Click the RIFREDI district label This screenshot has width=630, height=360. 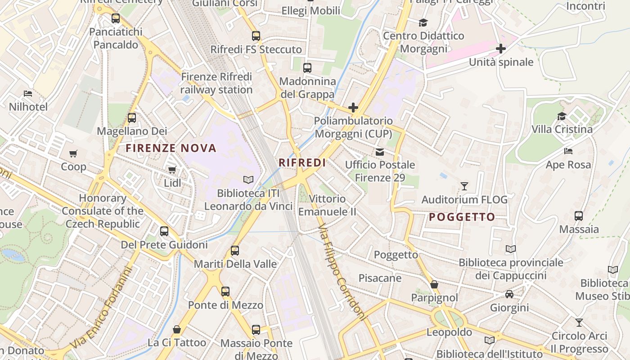[x=302, y=162]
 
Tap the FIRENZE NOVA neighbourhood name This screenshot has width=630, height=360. [x=171, y=148]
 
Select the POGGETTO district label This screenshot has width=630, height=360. [x=462, y=217]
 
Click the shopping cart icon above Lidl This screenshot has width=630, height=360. [x=172, y=170]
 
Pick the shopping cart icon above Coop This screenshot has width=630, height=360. [x=73, y=153]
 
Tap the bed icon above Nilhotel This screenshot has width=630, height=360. [x=28, y=94]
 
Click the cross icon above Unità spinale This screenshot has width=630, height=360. [x=501, y=49]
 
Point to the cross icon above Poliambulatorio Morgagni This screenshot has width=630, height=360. [x=353, y=108]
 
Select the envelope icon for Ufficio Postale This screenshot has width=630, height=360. [x=380, y=152]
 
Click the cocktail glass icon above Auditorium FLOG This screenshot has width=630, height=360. [x=464, y=186]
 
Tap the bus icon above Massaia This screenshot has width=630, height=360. [x=579, y=216]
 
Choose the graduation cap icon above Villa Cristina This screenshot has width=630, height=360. [x=562, y=116]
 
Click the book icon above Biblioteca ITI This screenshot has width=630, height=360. [x=248, y=180]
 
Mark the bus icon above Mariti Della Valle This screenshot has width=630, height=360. [x=235, y=251]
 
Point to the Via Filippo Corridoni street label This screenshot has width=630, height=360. [x=342, y=274]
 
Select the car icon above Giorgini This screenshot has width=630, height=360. [x=509, y=294]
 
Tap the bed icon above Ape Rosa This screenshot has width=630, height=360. [x=568, y=151]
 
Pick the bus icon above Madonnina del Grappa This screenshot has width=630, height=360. [x=307, y=68]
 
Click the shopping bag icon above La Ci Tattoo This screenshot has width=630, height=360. [x=177, y=329]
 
